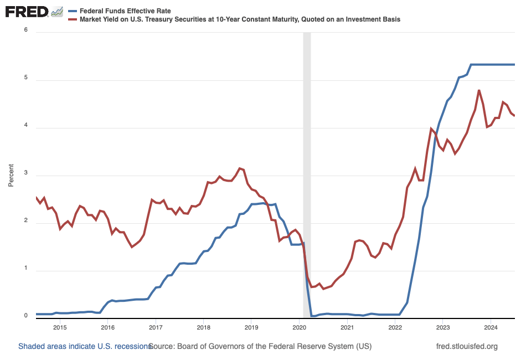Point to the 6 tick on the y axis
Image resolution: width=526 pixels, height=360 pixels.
pyautogui.click(x=25, y=30)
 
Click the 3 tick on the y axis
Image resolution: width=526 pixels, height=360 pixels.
pyautogui.click(x=25, y=176)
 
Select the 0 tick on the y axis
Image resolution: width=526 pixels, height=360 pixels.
pyautogui.click(x=25, y=316)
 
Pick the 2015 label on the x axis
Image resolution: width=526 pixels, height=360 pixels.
pyautogui.click(x=60, y=327)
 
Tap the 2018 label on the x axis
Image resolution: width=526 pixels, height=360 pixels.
pyautogui.click(x=203, y=327)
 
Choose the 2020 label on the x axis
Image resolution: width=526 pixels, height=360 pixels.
pyautogui.click(x=299, y=327)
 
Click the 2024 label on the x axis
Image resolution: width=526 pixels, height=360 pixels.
pyautogui.click(x=491, y=327)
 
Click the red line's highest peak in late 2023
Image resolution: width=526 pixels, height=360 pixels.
pyautogui.click(x=479, y=90)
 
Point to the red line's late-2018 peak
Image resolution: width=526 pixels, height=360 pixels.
pyautogui.click(x=239, y=168)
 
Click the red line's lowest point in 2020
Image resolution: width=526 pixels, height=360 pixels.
pyautogui.click(x=323, y=289)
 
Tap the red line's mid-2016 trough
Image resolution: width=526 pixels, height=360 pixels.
pyautogui.click(x=132, y=246)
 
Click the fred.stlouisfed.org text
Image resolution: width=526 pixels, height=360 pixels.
pyautogui.click(x=467, y=346)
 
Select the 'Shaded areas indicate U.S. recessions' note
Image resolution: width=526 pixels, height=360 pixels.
pyautogui.click(x=84, y=346)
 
